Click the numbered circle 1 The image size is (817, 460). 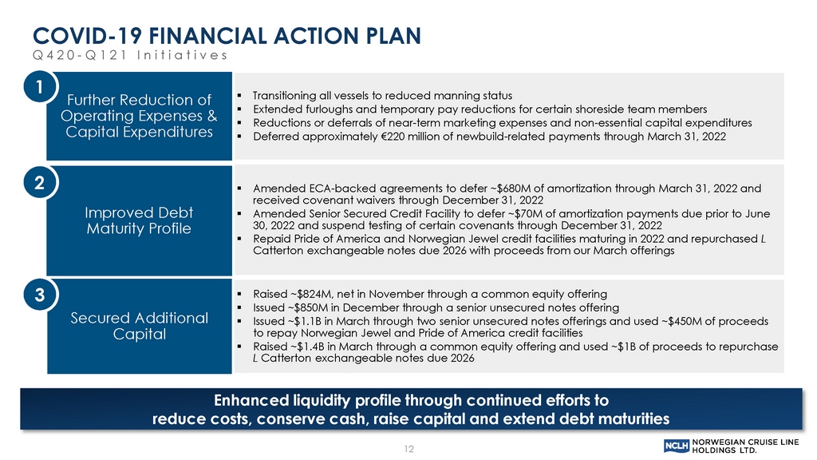(x=39, y=86)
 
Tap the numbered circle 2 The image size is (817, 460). (x=39, y=183)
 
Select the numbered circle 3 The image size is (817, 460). (x=39, y=295)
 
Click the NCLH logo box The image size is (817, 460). (x=677, y=446)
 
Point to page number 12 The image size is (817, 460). (x=409, y=449)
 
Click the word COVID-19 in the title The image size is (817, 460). (x=87, y=36)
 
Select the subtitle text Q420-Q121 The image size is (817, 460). (x=81, y=55)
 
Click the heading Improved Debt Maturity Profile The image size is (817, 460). (x=139, y=220)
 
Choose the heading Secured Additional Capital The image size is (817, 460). (x=139, y=326)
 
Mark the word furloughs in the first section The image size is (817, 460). (x=318, y=109)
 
